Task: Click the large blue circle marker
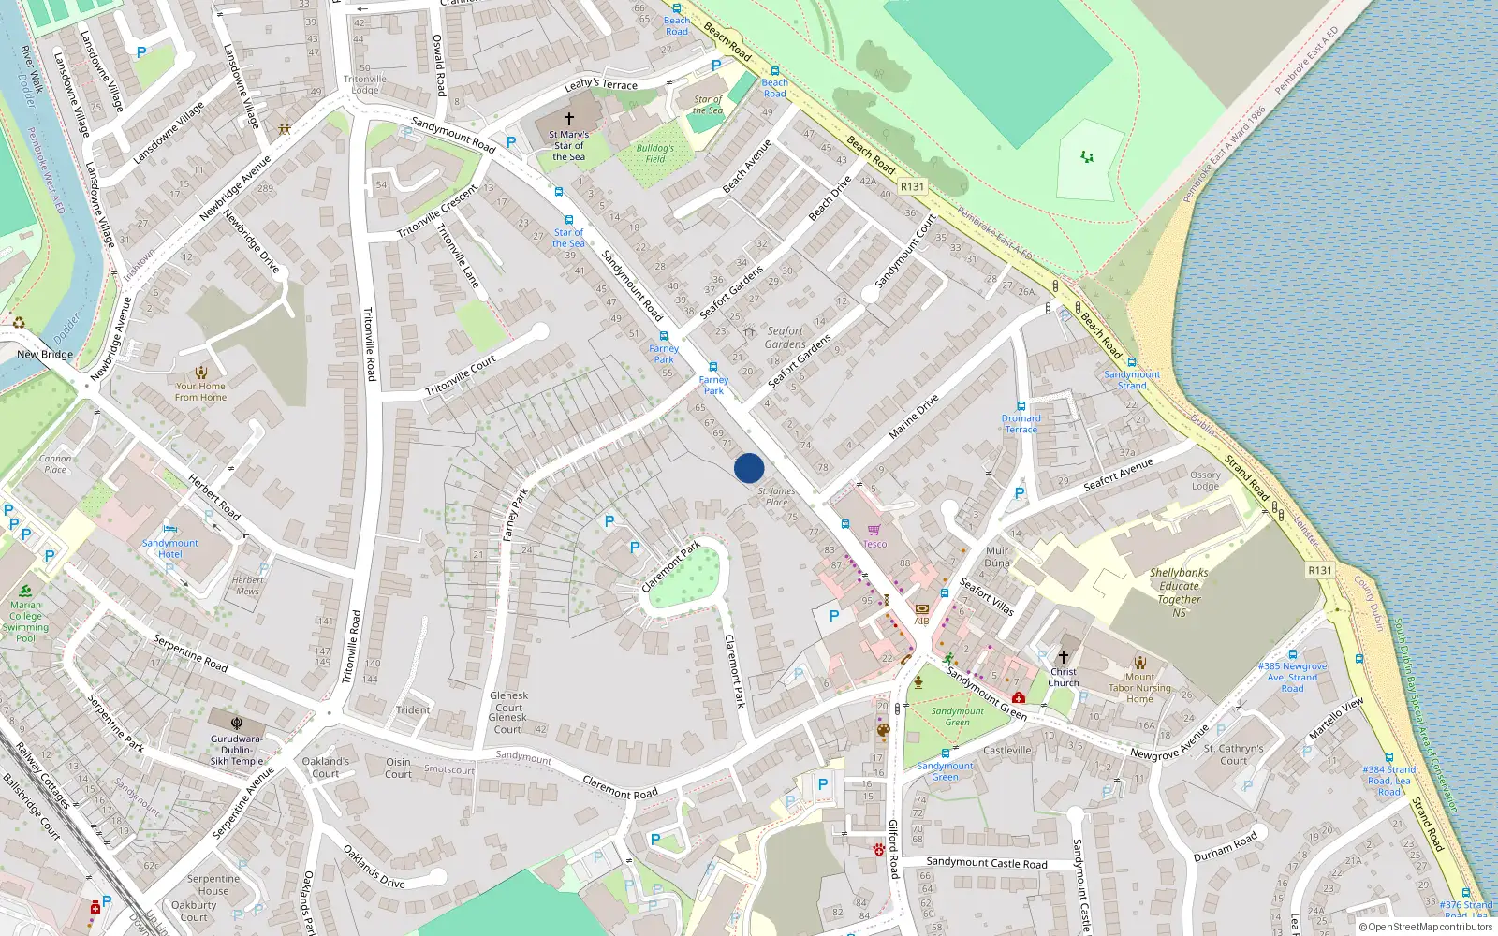click(749, 468)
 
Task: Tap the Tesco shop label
click(874, 544)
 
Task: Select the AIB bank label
click(921, 621)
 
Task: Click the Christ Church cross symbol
click(1063, 657)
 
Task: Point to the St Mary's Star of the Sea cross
click(568, 119)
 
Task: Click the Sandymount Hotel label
click(170, 548)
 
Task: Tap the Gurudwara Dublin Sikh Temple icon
click(237, 724)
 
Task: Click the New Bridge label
click(44, 355)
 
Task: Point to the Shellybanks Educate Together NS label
click(1179, 592)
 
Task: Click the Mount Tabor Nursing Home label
click(1139, 688)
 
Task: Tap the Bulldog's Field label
click(655, 154)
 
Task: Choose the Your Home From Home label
click(200, 391)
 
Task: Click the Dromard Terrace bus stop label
click(1021, 424)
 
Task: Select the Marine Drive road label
click(913, 417)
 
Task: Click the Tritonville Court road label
click(461, 375)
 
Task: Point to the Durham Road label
click(1226, 847)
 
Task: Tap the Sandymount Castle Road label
click(987, 863)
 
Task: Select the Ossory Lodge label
click(1205, 480)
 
